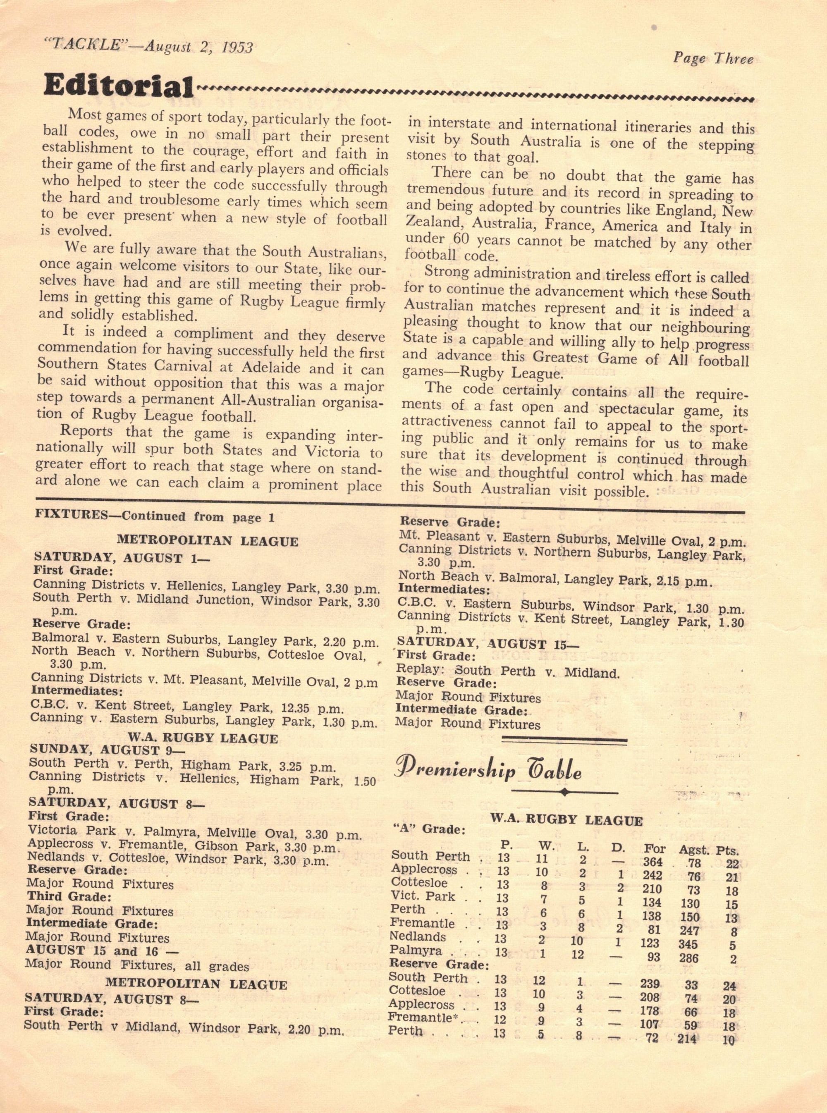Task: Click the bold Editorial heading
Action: [118, 86]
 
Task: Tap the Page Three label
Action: [712, 59]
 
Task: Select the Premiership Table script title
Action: [488, 771]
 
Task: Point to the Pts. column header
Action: [727, 850]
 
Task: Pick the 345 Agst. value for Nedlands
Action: [689, 944]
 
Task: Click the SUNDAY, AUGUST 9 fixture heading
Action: [100, 750]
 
